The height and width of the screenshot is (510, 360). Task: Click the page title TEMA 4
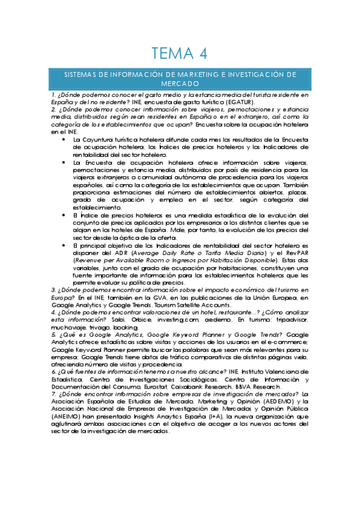tap(180, 53)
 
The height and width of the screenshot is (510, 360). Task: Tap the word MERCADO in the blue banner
tap(180, 85)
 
